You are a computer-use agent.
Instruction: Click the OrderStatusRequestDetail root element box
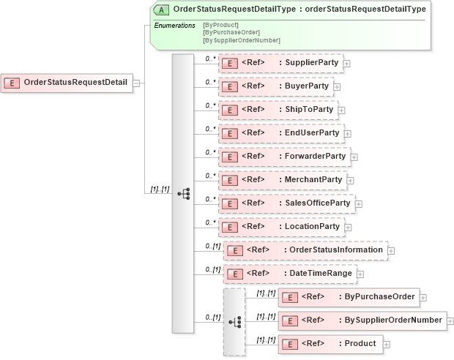tap(67, 83)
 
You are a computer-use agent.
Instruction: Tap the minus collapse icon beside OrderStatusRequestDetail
tap(136, 83)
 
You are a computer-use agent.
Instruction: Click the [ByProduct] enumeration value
tap(221, 26)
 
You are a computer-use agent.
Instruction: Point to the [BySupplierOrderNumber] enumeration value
tap(241, 40)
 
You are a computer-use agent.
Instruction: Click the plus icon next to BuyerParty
tap(337, 87)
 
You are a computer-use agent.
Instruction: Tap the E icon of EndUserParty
tap(229, 133)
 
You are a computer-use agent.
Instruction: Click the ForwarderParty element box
tap(284, 157)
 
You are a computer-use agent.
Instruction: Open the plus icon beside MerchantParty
tap(350, 181)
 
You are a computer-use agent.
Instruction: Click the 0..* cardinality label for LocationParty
tap(210, 222)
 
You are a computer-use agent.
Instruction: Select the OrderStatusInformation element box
tap(305, 250)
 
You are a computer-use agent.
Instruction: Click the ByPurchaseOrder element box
tap(349, 297)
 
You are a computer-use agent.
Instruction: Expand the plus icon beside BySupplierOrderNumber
tap(450, 321)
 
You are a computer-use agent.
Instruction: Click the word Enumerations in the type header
tap(174, 26)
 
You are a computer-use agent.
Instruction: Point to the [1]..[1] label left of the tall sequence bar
tap(160, 190)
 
